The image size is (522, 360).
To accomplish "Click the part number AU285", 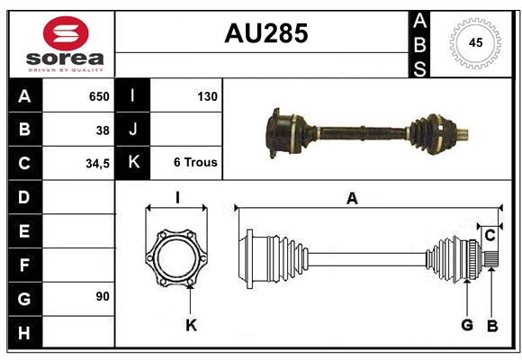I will point(265,33).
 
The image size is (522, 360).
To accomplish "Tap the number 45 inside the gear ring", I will point(473,43).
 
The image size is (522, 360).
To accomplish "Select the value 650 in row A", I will point(98,96).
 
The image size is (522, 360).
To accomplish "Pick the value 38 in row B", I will point(102,130).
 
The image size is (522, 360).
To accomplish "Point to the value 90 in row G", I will point(102,296).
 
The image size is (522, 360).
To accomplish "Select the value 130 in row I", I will point(207,96).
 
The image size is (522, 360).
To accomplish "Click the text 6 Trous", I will point(195,163).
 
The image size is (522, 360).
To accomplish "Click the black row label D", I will point(24,197).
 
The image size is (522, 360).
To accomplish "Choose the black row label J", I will point(132,130).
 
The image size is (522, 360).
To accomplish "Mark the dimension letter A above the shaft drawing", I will point(352,199).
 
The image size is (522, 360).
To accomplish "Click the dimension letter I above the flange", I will point(177,198).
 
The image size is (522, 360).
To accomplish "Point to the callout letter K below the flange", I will point(191,324).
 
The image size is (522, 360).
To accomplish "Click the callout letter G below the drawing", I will point(466,325).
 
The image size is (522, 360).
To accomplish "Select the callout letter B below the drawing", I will point(491,325).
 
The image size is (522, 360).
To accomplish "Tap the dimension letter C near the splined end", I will point(490,235).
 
